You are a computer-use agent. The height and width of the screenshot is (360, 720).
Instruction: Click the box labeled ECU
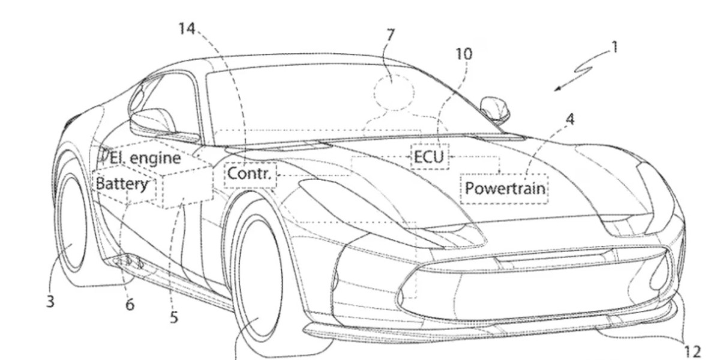coord(428,157)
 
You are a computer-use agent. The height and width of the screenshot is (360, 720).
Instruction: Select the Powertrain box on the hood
coord(505,188)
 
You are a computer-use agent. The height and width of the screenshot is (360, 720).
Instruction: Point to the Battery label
coord(122,184)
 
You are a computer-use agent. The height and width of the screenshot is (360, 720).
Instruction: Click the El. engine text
coord(145,158)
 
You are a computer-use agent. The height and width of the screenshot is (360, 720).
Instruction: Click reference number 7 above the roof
coord(391,35)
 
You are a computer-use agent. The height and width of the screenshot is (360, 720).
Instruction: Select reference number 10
coord(463,55)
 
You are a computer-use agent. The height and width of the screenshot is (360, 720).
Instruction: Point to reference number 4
coord(569,119)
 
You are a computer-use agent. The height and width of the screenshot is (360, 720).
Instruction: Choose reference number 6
coord(130,305)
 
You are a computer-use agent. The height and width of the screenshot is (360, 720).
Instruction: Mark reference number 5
coord(173,317)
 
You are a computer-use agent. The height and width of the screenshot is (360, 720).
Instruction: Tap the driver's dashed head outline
coord(394,91)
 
